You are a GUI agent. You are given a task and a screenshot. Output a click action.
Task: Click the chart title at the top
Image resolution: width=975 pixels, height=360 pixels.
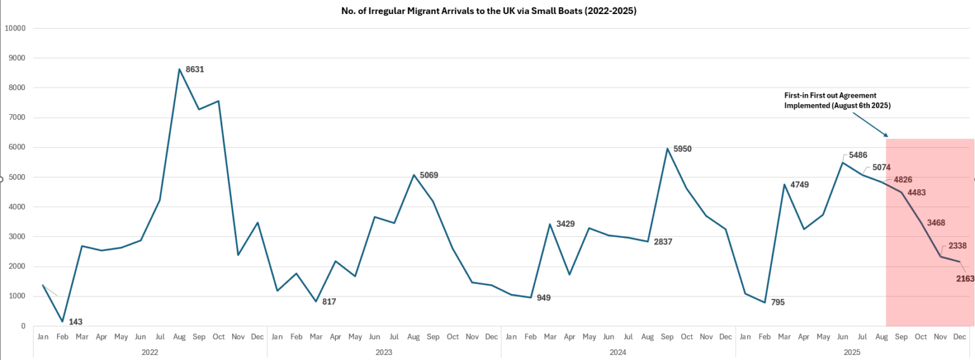(x=488, y=11)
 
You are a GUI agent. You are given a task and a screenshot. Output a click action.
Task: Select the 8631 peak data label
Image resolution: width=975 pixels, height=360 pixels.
(x=195, y=69)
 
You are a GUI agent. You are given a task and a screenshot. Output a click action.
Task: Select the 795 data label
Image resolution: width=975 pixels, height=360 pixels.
(x=778, y=302)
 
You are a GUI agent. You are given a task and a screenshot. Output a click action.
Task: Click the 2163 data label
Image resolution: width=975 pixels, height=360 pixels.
(x=965, y=278)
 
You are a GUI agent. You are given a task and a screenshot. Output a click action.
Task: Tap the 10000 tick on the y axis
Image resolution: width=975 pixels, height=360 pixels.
(x=15, y=28)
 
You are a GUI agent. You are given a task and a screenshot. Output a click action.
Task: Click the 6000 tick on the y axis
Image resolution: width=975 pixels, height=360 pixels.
(x=17, y=147)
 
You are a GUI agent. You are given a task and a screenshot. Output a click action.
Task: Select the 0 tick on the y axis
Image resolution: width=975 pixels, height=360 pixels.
(x=23, y=326)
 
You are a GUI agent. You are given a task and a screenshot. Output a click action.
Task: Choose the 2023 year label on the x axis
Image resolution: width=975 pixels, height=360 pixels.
(x=384, y=351)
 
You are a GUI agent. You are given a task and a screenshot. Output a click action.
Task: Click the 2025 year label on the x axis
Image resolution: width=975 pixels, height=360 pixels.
(x=852, y=351)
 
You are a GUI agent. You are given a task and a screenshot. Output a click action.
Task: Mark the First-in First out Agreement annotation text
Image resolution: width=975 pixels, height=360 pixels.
(x=837, y=100)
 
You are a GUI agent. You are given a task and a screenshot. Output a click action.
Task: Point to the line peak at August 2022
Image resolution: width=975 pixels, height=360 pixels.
(x=180, y=69)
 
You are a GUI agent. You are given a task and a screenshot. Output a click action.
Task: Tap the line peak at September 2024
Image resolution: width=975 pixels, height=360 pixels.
(x=667, y=149)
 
